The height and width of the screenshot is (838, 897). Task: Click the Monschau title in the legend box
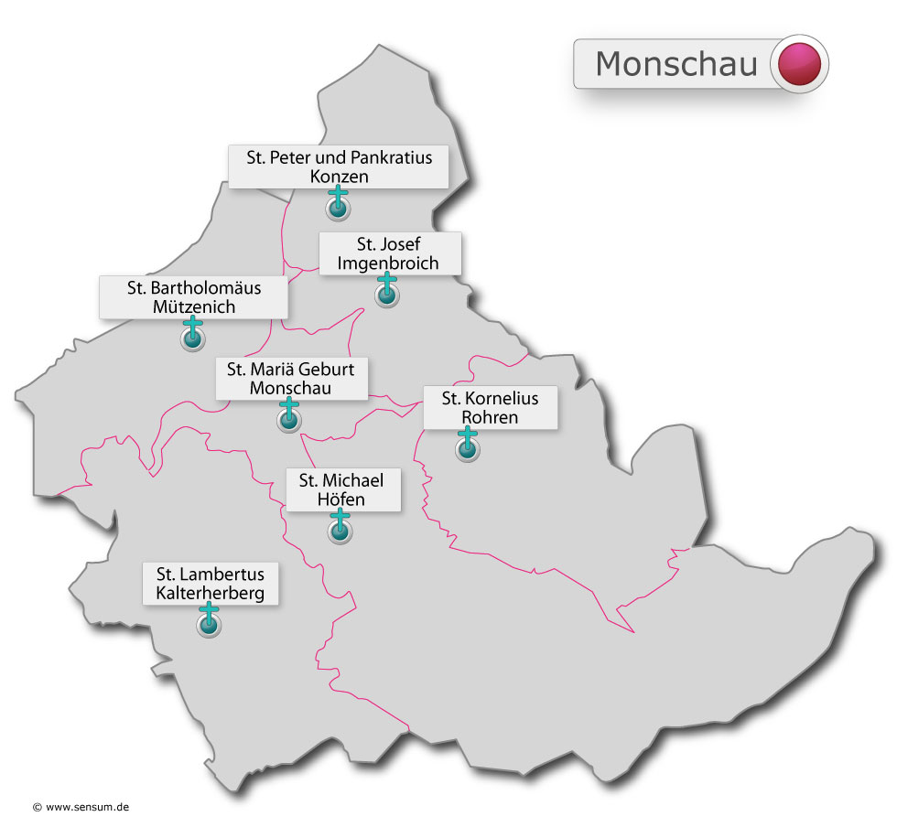675,64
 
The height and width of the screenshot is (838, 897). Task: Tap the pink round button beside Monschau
799,64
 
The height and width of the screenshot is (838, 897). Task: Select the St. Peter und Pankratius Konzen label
339,167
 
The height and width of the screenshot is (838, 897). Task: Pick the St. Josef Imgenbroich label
389,253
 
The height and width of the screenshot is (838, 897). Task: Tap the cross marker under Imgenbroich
388,292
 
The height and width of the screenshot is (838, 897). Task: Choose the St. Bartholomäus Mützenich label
194,297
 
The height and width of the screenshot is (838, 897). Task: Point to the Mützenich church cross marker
192,336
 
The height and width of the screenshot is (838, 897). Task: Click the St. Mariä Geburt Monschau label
291,378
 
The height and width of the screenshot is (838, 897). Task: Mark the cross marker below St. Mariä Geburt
289,417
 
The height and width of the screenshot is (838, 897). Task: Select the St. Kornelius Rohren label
490,407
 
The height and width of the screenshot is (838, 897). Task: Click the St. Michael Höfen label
342,489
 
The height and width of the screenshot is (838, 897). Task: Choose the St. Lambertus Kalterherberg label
211,584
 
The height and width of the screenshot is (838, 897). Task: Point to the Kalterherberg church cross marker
210,622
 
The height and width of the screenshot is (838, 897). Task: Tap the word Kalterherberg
211,594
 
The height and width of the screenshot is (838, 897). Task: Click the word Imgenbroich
389,263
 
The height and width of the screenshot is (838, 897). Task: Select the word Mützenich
194,307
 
